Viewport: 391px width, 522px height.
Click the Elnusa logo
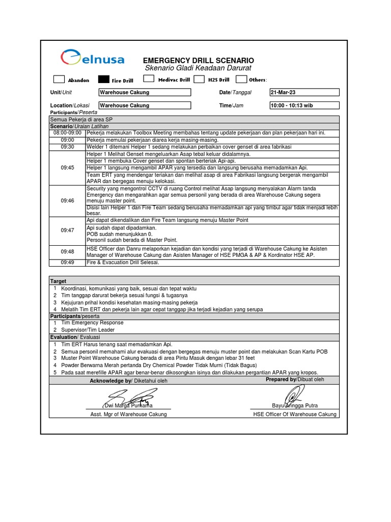92,59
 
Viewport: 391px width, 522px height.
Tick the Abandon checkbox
59,80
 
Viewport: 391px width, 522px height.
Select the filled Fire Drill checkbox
103,80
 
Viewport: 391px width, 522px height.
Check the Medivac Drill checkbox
149,79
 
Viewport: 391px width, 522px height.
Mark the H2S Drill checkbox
199,79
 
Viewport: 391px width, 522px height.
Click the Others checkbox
241,79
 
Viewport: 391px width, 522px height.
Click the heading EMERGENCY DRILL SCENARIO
198,60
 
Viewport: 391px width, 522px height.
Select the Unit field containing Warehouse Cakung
145,92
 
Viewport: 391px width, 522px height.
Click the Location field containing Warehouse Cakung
145,106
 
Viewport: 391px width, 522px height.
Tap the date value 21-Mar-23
304,92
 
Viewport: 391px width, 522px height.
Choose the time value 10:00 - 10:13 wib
304,106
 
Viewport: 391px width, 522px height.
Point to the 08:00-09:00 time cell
67,133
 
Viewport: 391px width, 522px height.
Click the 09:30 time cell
67,147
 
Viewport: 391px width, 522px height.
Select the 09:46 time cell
67,201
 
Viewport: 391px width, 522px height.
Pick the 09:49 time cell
67,263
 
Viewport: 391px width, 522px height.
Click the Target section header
58,281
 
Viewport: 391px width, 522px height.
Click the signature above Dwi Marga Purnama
128,396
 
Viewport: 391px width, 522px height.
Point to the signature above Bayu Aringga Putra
295,395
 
